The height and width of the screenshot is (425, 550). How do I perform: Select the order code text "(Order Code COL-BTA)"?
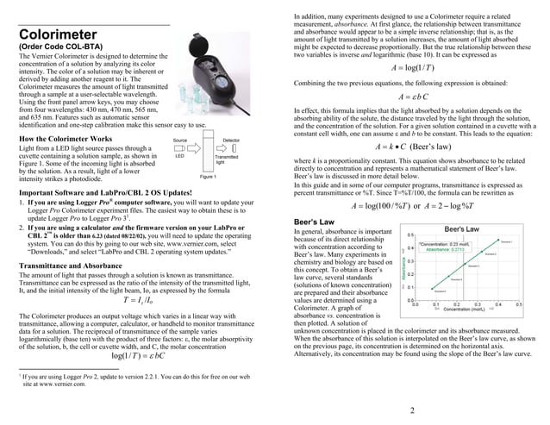coord(58,47)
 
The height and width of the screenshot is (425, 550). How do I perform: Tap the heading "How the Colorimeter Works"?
coord(65,139)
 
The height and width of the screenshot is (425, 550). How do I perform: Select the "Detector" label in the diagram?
coord(231,139)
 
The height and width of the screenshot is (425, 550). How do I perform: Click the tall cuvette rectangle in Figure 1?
coord(207,156)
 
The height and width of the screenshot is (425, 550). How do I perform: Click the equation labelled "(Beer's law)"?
coord(410,147)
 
